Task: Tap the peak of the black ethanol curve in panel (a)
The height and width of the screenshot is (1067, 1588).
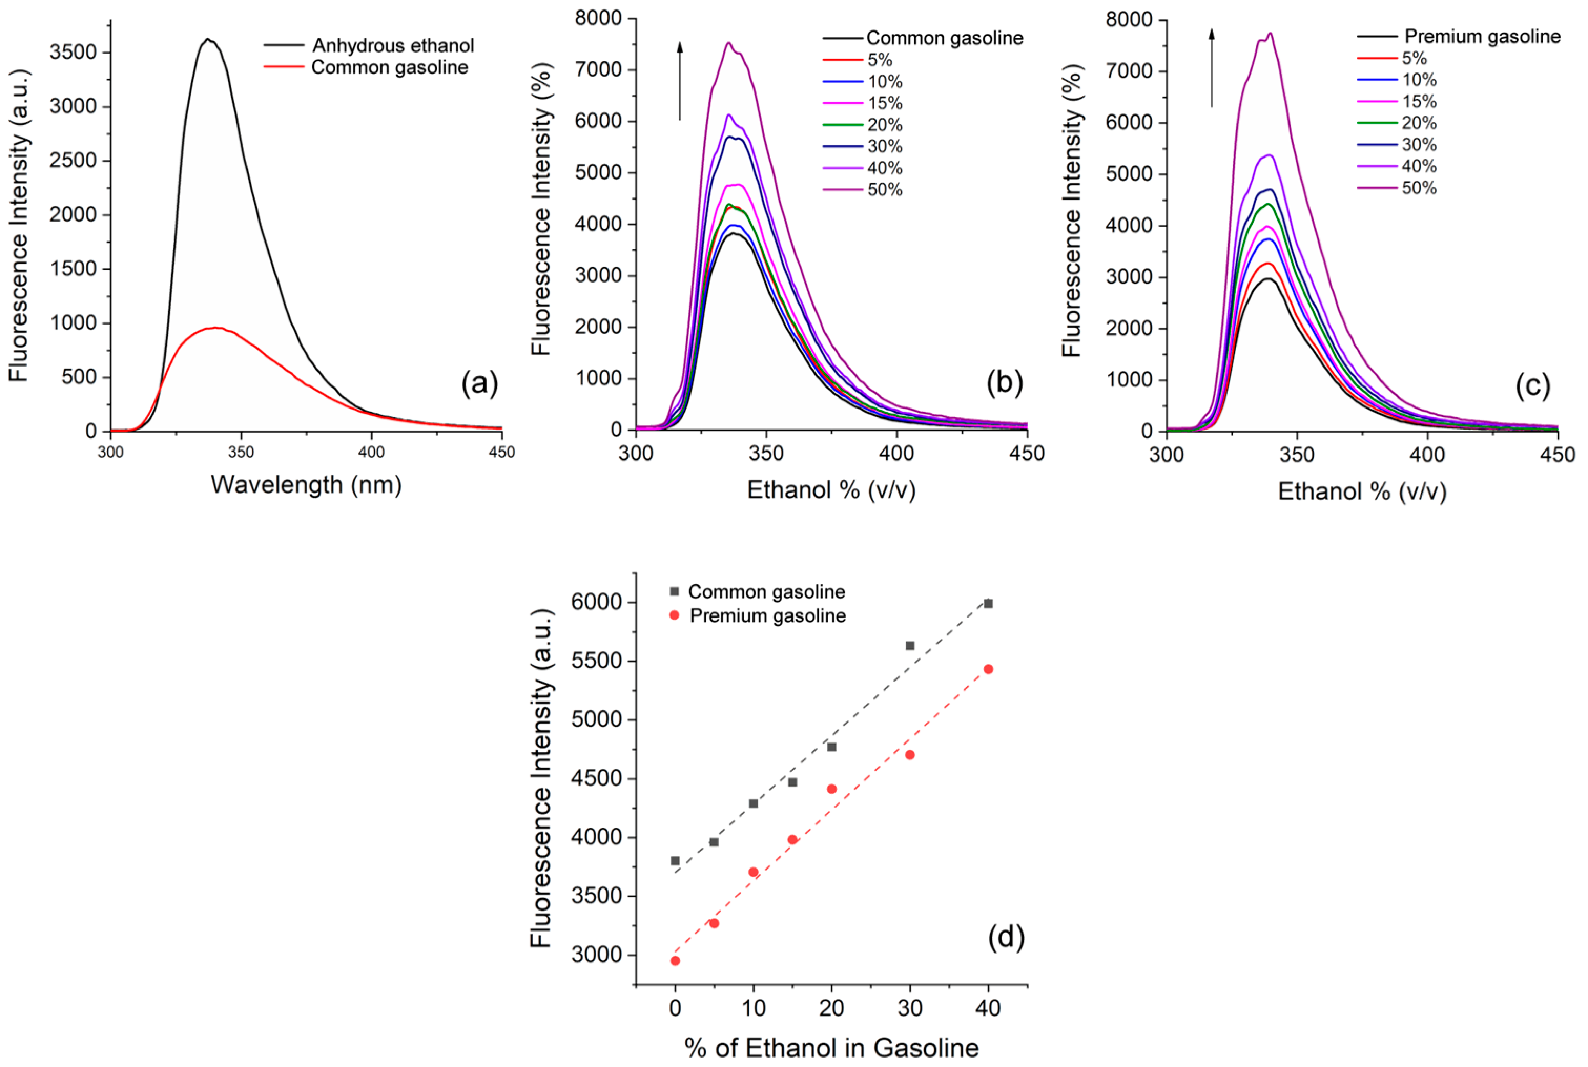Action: click(x=208, y=39)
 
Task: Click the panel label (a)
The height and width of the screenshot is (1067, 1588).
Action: click(x=479, y=384)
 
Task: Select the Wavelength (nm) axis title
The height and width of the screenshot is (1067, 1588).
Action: click(x=306, y=485)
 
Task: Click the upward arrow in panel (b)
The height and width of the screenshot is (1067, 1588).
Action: click(x=679, y=80)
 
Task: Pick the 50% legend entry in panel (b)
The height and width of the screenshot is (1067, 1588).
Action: click(x=884, y=190)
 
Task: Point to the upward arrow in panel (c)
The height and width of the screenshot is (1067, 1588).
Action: click(x=1211, y=68)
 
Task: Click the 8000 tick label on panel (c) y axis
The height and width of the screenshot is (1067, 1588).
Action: click(x=1128, y=20)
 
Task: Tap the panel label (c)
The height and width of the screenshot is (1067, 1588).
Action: click(x=1532, y=386)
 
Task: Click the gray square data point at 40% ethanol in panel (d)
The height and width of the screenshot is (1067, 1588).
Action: click(x=988, y=603)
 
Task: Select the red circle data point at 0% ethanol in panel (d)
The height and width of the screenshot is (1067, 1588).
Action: click(x=675, y=961)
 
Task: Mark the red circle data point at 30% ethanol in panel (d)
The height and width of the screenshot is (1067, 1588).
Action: click(x=910, y=755)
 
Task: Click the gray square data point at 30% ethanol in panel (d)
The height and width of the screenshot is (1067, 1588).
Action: click(x=910, y=645)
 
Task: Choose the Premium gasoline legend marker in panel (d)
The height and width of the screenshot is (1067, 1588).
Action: click(x=675, y=615)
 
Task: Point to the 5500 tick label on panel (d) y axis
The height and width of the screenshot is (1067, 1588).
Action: click(x=601, y=662)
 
